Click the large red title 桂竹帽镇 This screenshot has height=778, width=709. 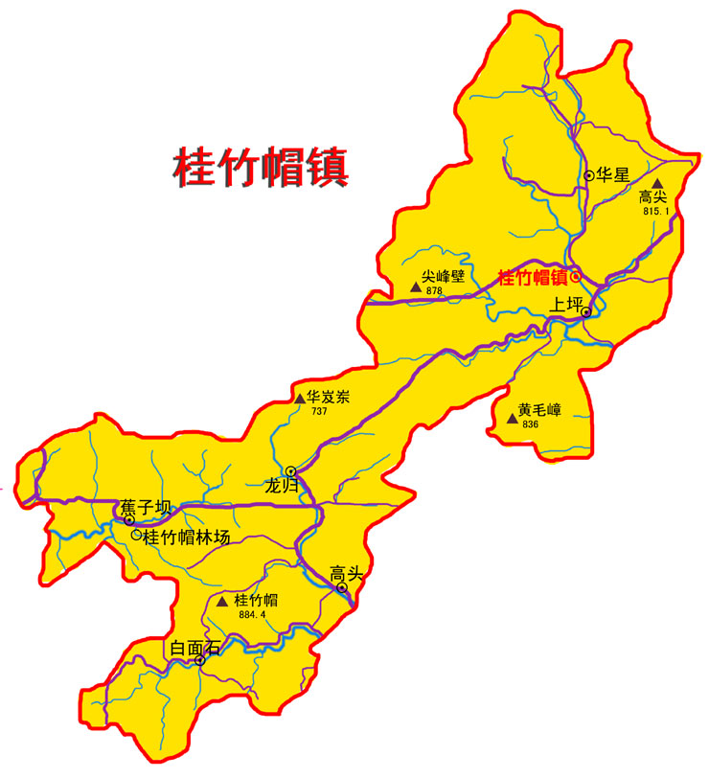coord(260,165)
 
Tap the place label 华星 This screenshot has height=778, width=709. coord(613,175)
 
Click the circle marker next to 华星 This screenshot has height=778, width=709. coord(588,175)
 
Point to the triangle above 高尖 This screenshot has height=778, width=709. coord(657,183)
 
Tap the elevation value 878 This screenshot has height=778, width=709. coord(434,290)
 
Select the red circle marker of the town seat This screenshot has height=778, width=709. coord(576,277)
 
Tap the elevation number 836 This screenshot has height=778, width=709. coord(530,423)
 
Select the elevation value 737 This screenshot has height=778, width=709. coord(319,411)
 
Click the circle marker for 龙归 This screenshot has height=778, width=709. coord(290,470)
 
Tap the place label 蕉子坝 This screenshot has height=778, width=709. coord(145,507)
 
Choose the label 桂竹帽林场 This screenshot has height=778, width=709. coord(187,538)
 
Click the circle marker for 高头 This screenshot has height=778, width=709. coord(342,588)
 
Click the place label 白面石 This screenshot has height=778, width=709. coord(194,648)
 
